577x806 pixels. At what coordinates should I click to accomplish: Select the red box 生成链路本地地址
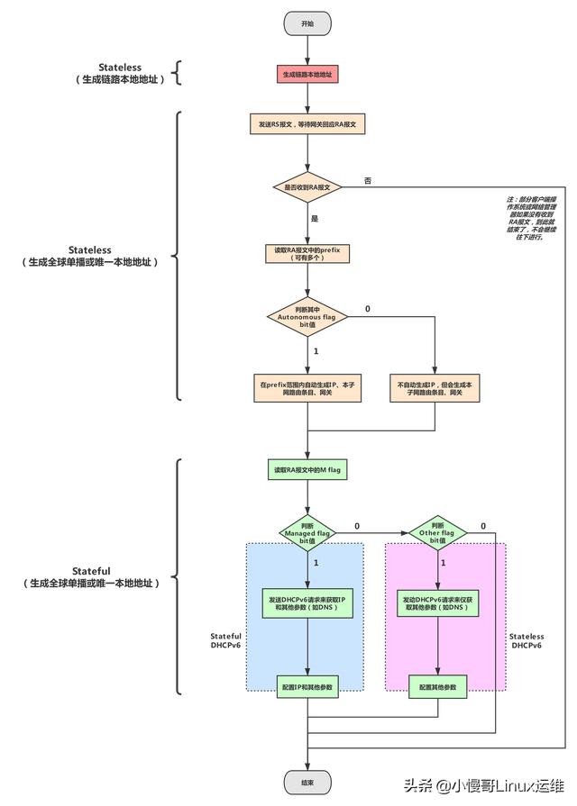[307, 74]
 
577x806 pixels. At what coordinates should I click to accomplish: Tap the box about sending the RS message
[307, 123]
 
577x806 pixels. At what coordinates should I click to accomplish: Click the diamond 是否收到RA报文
[307, 187]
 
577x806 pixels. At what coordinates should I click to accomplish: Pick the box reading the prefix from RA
[307, 251]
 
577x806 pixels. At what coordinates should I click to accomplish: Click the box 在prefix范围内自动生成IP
[307, 388]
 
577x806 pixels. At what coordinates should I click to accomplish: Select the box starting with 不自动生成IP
[435, 388]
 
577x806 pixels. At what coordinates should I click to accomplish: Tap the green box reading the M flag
[307, 470]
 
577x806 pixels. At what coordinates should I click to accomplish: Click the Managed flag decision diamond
[307, 533]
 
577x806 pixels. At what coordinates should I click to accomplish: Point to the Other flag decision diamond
[436, 533]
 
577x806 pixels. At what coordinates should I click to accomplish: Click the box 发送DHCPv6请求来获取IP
[307, 603]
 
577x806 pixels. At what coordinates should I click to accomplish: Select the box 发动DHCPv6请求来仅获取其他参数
[436, 603]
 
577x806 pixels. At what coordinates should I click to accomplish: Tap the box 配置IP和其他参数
[307, 687]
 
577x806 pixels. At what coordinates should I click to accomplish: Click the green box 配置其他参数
[436, 687]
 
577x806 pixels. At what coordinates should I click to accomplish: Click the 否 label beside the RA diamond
[367, 181]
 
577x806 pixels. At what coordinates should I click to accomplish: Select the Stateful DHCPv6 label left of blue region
[225, 640]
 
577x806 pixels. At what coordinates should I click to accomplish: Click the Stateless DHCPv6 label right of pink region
[527, 640]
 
